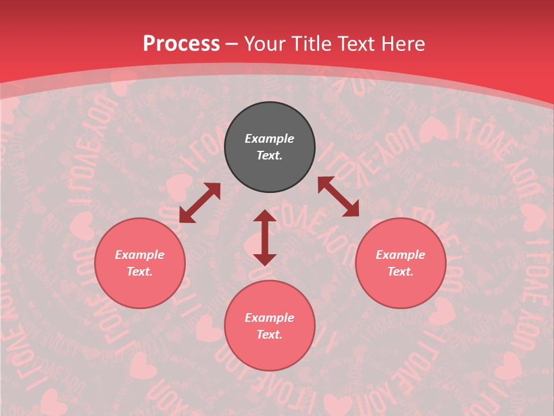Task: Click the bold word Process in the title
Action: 181,44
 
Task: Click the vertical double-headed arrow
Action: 265,237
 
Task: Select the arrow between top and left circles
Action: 200,203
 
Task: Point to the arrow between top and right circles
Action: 339,197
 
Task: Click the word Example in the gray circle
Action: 269,139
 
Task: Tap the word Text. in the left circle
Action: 140,272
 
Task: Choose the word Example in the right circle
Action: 400,255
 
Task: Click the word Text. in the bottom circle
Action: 269,335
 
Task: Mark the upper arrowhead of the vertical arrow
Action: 265,217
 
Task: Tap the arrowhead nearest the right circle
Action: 350,209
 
